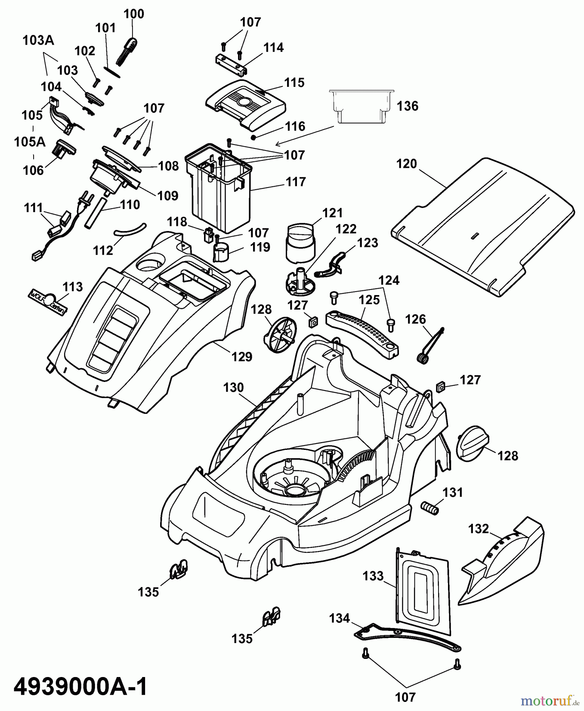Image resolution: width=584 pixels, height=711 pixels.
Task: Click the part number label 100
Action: (134, 14)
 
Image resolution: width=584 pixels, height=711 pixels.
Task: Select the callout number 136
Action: (407, 106)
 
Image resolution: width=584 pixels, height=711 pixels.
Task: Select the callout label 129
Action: (242, 357)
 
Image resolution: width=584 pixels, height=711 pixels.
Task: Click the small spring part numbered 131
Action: (430, 508)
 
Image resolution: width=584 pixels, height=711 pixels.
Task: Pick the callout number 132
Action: (478, 529)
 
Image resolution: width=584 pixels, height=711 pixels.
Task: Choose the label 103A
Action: (38, 40)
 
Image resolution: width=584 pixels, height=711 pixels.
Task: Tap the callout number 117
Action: (296, 182)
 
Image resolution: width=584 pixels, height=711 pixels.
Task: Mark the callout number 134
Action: (340, 618)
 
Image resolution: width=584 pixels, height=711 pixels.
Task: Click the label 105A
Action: (30, 142)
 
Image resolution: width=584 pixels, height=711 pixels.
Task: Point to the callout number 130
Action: (233, 387)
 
